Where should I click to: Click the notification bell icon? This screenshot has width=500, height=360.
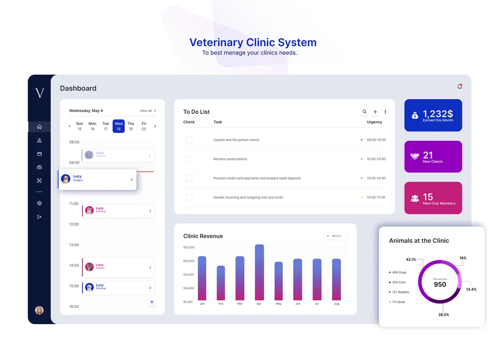tap(460, 87)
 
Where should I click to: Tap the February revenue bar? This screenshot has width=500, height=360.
tap(221, 283)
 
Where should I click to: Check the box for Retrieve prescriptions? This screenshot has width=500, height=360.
tap(189, 159)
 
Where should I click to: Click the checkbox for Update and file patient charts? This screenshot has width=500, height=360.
tap(189, 140)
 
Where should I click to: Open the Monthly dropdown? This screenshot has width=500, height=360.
tap(335, 236)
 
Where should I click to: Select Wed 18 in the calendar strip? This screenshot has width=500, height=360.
tap(118, 126)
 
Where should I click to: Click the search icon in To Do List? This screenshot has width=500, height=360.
tap(365, 112)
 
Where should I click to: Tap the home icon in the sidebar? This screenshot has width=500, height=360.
tap(40, 127)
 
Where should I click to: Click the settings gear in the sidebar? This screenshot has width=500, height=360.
tap(40, 203)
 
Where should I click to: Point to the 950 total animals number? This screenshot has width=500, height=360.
tap(440, 285)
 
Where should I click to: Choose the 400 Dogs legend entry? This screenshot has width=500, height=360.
tap(399, 272)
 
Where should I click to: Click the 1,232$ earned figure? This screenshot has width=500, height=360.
tap(437, 114)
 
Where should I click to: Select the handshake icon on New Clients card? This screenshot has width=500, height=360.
tap(415, 157)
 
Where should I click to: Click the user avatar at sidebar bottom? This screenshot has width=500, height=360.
tap(39, 310)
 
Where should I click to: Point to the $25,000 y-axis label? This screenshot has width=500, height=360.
tap(189, 247)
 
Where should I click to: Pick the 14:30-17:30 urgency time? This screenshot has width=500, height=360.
tap(376, 197)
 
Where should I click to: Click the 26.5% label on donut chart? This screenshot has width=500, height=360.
tap(443, 315)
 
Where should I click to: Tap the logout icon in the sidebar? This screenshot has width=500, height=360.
tap(40, 217)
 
